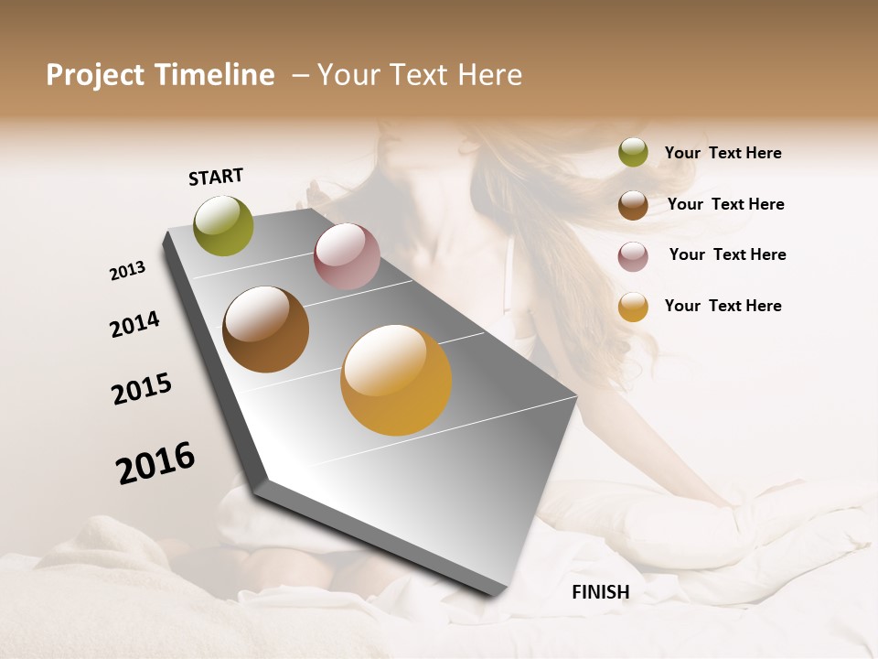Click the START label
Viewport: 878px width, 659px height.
click(x=216, y=177)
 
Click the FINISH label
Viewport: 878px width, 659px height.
click(x=600, y=592)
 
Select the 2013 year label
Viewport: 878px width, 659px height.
click(x=128, y=271)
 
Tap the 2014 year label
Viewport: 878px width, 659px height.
click(x=134, y=325)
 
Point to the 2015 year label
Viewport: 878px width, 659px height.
click(x=142, y=389)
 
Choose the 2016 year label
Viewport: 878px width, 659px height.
click(x=155, y=463)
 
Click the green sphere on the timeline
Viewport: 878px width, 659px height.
click(x=224, y=225)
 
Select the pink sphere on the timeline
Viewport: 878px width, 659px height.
click(x=347, y=256)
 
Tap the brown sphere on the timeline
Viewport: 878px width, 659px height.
click(x=265, y=329)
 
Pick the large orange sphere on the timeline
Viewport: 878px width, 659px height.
click(x=396, y=380)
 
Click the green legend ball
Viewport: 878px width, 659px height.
click(x=633, y=153)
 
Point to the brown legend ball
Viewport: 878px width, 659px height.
click(x=633, y=204)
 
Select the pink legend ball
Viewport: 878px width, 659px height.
click(x=633, y=255)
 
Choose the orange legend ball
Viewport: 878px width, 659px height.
click(x=633, y=307)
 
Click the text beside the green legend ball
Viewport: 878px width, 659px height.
click(x=723, y=154)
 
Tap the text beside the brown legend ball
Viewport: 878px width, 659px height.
click(x=725, y=204)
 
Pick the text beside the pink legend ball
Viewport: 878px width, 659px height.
click(x=727, y=254)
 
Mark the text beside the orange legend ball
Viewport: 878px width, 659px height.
click(x=723, y=306)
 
